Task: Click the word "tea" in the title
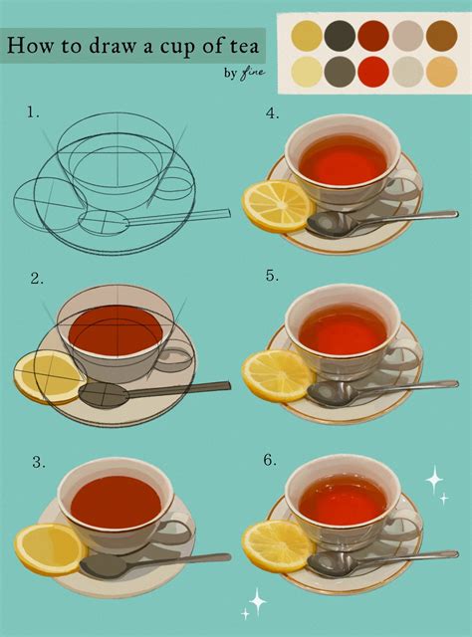[x=242, y=46]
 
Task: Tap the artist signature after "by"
[x=252, y=74]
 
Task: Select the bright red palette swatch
[x=373, y=72]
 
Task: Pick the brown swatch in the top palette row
[x=441, y=36]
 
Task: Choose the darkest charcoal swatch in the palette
[x=340, y=36]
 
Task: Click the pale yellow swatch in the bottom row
[x=307, y=72]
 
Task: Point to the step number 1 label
[x=33, y=112]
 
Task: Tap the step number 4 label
[x=273, y=113]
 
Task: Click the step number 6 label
[x=270, y=460]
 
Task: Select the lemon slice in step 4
[x=279, y=206]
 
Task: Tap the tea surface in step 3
[x=117, y=502]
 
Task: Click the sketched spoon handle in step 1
[x=178, y=217]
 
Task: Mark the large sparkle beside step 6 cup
[x=434, y=480]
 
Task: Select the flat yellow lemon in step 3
[x=51, y=549]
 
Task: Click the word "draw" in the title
[x=112, y=46]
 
